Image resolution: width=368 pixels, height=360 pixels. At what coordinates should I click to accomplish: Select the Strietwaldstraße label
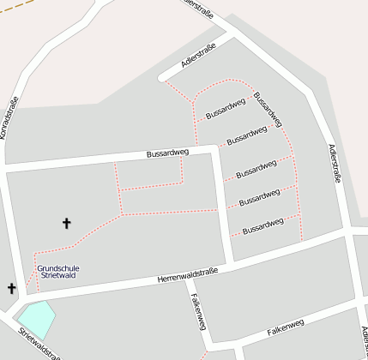pyautogui.click(x=39, y=344)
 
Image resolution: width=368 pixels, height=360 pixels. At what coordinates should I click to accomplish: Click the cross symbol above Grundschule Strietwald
pyautogui.click(x=67, y=224)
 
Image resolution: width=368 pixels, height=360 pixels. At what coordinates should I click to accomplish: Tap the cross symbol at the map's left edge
pyautogui.click(x=12, y=289)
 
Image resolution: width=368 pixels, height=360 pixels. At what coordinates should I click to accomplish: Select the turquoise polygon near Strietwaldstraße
pyautogui.click(x=36, y=319)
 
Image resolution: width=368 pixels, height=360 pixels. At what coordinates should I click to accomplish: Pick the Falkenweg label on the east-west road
pyautogui.click(x=286, y=326)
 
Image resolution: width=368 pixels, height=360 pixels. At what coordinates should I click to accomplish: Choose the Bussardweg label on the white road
pyautogui.click(x=167, y=153)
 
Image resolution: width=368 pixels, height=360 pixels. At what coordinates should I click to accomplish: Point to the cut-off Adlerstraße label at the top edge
pyautogui.click(x=199, y=7)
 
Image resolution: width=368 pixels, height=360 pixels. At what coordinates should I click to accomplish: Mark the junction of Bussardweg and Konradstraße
pyautogui.click(x=8, y=168)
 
